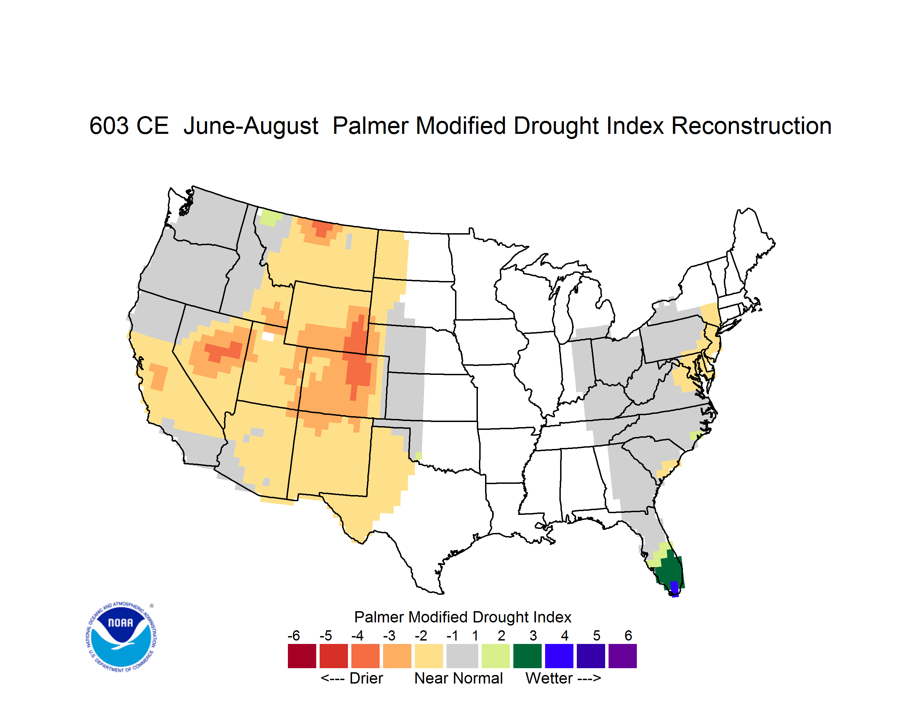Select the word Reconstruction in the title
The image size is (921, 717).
(x=751, y=126)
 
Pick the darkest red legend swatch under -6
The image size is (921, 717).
(x=302, y=656)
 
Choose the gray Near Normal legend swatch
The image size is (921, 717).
(x=462, y=656)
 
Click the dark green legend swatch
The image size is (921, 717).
(x=527, y=656)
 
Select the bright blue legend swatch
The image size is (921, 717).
(x=559, y=656)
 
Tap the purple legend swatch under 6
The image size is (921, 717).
(x=623, y=656)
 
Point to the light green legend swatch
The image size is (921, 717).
(x=496, y=656)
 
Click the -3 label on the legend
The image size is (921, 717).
(x=389, y=635)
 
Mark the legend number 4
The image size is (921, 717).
(x=565, y=635)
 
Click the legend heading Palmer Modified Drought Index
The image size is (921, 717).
(x=463, y=617)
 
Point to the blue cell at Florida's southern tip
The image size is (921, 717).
(x=674, y=589)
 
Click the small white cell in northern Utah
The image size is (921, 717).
(x=268, y=336)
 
